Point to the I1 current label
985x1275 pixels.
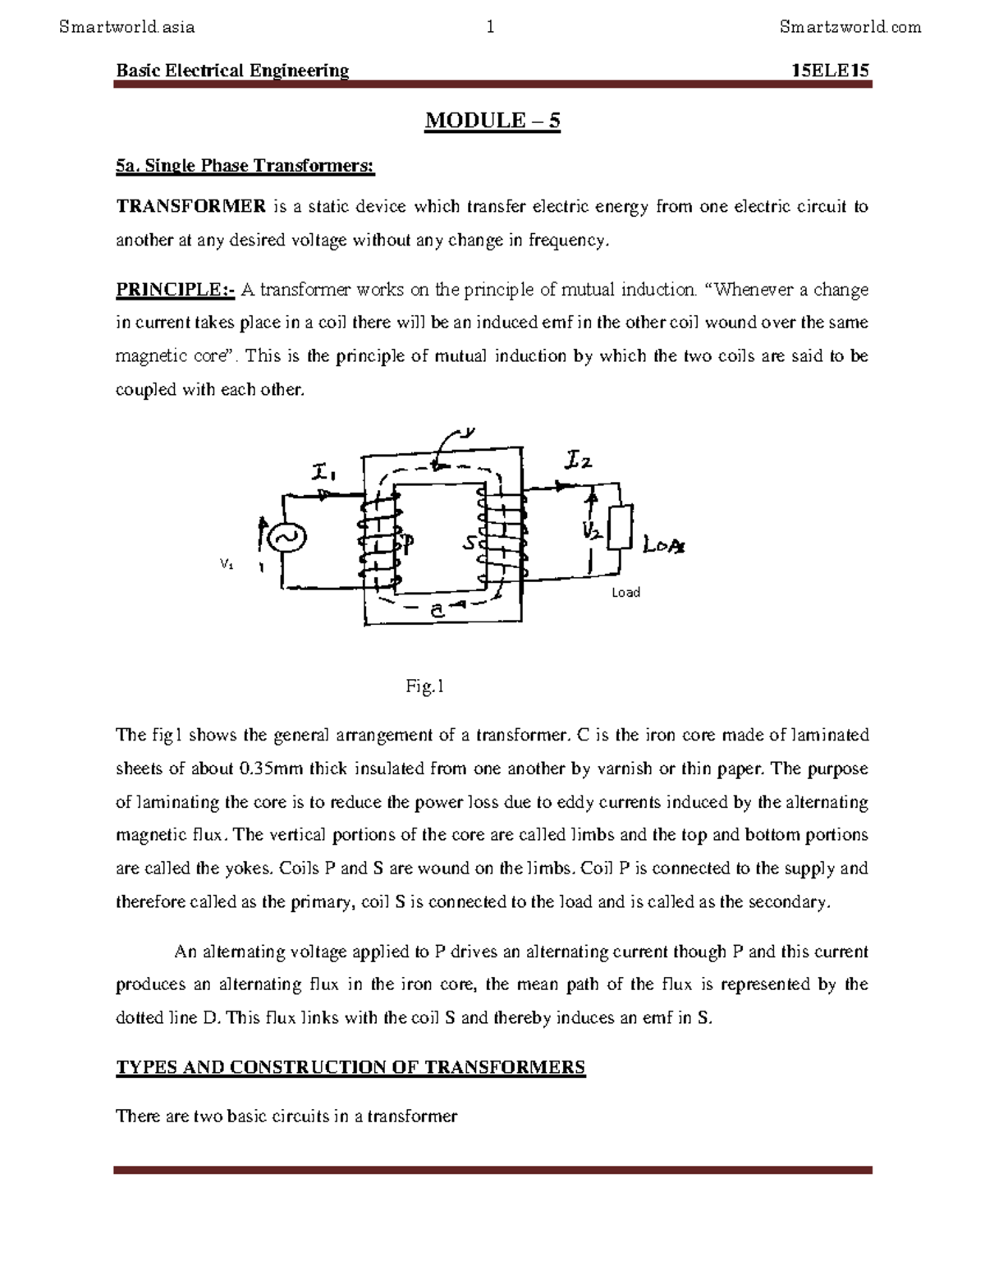coord(324,474)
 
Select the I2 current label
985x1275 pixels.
coord(577,461)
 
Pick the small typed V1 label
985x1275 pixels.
coord(227,565)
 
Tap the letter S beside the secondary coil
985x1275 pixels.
coord(470,543)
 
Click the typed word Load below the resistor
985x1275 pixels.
coord(625,593)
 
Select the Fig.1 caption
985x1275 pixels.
coord(424,686)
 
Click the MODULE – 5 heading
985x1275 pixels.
coord(492,122)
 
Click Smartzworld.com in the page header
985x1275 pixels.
coord(850,27)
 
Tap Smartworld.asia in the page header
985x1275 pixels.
coord(127,27)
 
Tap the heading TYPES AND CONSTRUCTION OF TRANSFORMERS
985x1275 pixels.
coord(350,1067)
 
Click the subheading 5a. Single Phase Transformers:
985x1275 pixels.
coord(245,167)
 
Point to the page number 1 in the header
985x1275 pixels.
coord(490,27)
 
